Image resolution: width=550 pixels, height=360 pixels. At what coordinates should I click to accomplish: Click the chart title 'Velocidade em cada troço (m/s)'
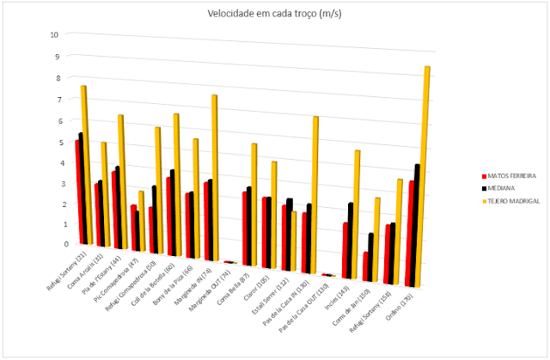click(x=275, y=14)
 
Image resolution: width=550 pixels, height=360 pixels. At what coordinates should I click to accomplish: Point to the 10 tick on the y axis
click(x=54, y=35)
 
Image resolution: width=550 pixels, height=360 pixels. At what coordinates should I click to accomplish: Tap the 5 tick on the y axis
click(x=55, y=142)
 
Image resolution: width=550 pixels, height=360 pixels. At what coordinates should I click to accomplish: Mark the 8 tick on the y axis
click(x=55, y=77)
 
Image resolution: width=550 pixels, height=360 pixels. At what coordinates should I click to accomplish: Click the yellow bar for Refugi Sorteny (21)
click(x=84, y=163)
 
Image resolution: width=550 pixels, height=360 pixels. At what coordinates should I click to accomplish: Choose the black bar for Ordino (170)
click(x=418, y=223)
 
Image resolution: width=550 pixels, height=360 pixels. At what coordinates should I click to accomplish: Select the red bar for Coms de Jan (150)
click(x=366, y=267)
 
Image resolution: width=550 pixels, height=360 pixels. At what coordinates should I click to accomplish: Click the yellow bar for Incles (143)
click(x=357, y=213)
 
